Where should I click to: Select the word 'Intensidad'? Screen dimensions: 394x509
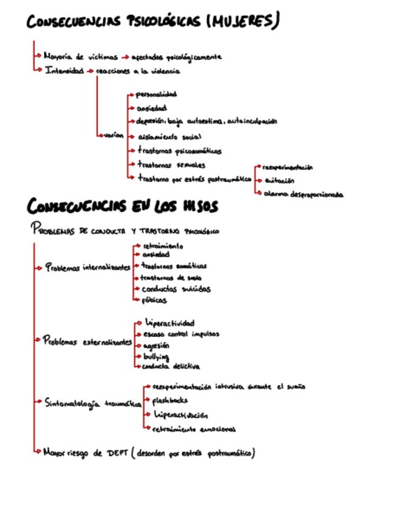tap(64, 71)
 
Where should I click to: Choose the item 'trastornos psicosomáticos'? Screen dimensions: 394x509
tap(179, 151)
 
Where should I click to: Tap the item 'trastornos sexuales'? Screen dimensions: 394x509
tap(171, 164)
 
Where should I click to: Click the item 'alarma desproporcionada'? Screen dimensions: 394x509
tap(303, 194)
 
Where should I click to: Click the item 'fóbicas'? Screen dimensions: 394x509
tap(154, 300)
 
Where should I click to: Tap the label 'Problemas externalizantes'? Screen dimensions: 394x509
tap(88, 341)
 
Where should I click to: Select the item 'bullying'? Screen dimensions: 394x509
tap(155, 357)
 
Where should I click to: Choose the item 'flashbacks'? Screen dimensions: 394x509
tap(170, 400)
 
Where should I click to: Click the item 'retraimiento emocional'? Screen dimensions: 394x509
tap(194, 429)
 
